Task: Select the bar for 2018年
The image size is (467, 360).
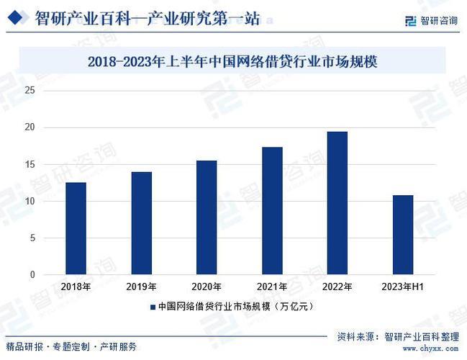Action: point(76,228)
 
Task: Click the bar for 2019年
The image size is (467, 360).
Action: point(141,223)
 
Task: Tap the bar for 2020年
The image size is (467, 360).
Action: point(207,217)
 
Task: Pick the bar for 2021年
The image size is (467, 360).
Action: point(272,211)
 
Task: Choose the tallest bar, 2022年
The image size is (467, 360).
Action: point(337,203)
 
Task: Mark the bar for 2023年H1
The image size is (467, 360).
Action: point(402,235)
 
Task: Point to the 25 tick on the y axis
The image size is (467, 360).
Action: point(30,90)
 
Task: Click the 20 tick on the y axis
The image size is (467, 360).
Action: point(30,127)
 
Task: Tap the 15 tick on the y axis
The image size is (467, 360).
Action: point(30,164)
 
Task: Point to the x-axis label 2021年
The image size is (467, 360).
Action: point(272,287)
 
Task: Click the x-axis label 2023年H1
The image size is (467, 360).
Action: point(402,287)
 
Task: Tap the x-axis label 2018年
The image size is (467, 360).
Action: point(76,287)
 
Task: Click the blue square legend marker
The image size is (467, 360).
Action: point(153,307)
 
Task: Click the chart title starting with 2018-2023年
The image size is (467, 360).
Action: point(232,62)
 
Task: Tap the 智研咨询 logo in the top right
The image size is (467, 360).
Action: point(431,20)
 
